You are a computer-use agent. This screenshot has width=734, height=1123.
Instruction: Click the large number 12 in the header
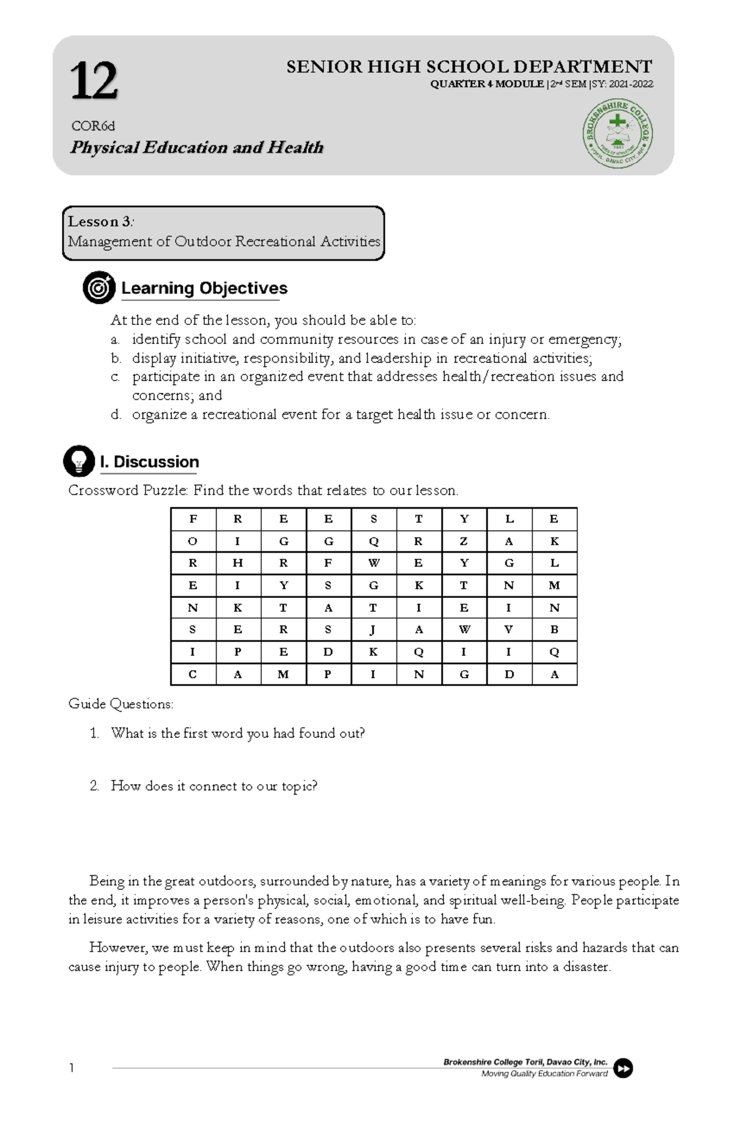tap(94, 81)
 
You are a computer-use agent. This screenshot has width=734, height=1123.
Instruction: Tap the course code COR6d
tap(93, 126)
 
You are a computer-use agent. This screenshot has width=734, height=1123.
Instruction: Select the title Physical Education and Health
tap(196, 147)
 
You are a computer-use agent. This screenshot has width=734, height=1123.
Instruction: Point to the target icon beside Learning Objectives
tap(99, 288)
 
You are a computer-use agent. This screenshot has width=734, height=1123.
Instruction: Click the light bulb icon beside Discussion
tap(79, 461)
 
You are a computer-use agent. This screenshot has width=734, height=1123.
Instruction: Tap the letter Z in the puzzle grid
tap(464, 541)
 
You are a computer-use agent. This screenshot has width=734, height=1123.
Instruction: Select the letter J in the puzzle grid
tap(373, 630)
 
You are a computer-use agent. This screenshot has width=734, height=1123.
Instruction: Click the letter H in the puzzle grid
tap(238, 563)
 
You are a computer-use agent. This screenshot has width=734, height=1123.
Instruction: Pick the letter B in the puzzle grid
tap(554, 630)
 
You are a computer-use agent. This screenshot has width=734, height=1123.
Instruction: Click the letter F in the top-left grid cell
tap(193, 519)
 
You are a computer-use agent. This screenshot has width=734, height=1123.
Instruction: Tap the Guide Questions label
tap(120, 704)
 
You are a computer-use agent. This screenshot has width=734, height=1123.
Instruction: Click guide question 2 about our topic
tap(213, 786)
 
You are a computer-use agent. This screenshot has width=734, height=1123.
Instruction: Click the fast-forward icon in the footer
tap(623, 1068)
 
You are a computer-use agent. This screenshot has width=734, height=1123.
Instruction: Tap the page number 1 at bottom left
tap(72, 1068)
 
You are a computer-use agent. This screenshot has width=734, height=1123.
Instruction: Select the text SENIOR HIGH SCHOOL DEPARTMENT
tap(469, 67)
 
